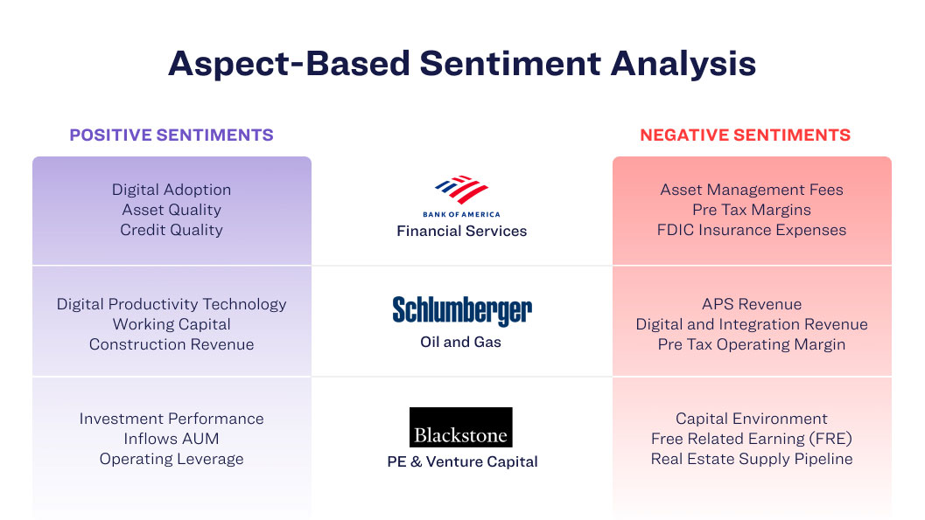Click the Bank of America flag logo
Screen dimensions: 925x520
point(461,190)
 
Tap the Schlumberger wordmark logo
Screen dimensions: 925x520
point(462,310)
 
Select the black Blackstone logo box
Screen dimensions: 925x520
point(460,427)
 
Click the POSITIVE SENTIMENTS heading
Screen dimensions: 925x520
point(172,135)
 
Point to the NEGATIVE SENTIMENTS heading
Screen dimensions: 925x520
point(745,135)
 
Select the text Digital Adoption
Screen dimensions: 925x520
point(172,190)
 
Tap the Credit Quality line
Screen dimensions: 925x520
point(172,230)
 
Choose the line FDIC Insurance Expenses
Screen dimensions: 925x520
point(752,230)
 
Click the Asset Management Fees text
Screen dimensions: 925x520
point(752,190)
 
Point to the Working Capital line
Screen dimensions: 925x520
point(172,324)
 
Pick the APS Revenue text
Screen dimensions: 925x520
point(752,304)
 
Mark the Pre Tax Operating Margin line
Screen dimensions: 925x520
point(752,344)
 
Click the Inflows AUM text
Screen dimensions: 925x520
point(172,439)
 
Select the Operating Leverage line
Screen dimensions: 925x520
point(172,459)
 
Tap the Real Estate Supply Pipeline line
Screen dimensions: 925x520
point(752,459)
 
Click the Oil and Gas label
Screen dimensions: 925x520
point(460,343)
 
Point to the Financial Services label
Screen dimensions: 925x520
point(462,231)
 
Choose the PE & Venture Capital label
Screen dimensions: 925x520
point(462,461)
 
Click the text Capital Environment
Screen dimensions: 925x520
point(752,419)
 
